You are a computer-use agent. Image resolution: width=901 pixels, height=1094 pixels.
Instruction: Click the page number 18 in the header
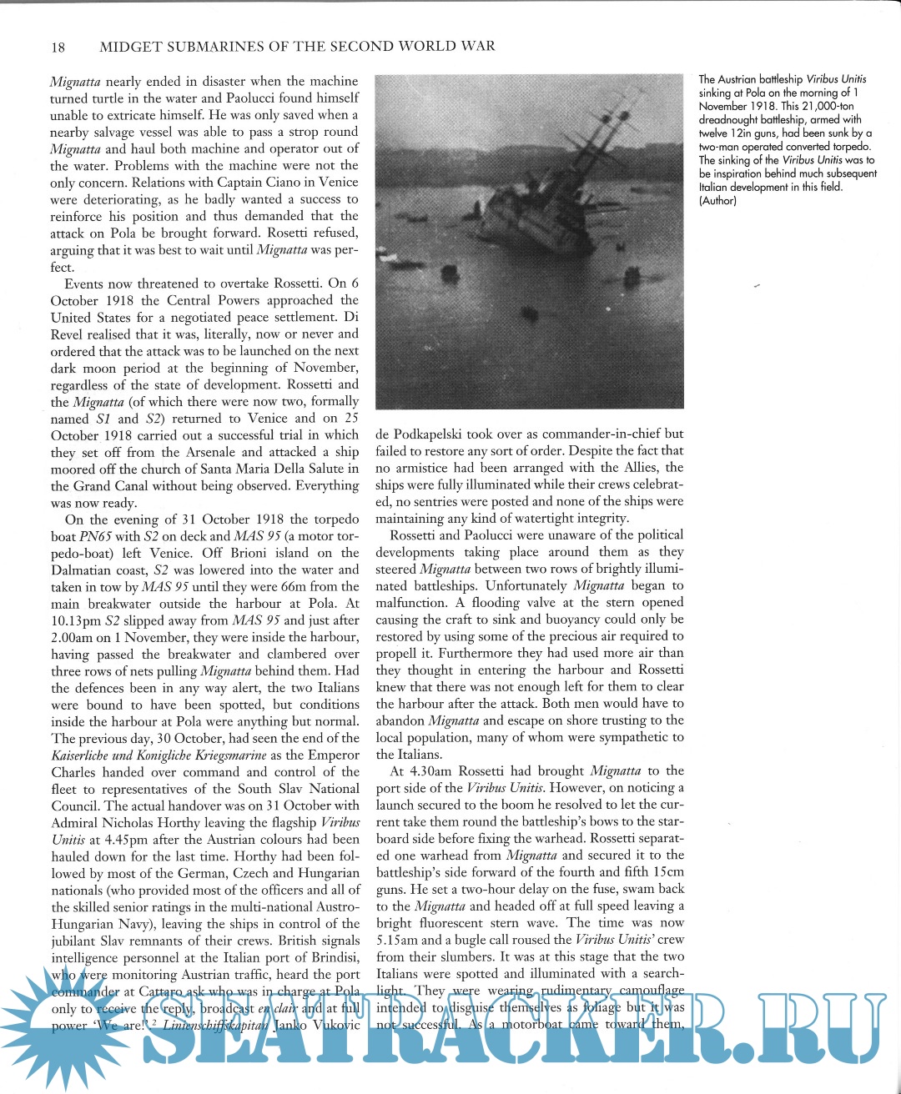pos(58,47)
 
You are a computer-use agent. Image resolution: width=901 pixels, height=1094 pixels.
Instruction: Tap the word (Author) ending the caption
pos(717,201)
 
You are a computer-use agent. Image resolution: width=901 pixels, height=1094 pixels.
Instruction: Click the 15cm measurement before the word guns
pos(667,871)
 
